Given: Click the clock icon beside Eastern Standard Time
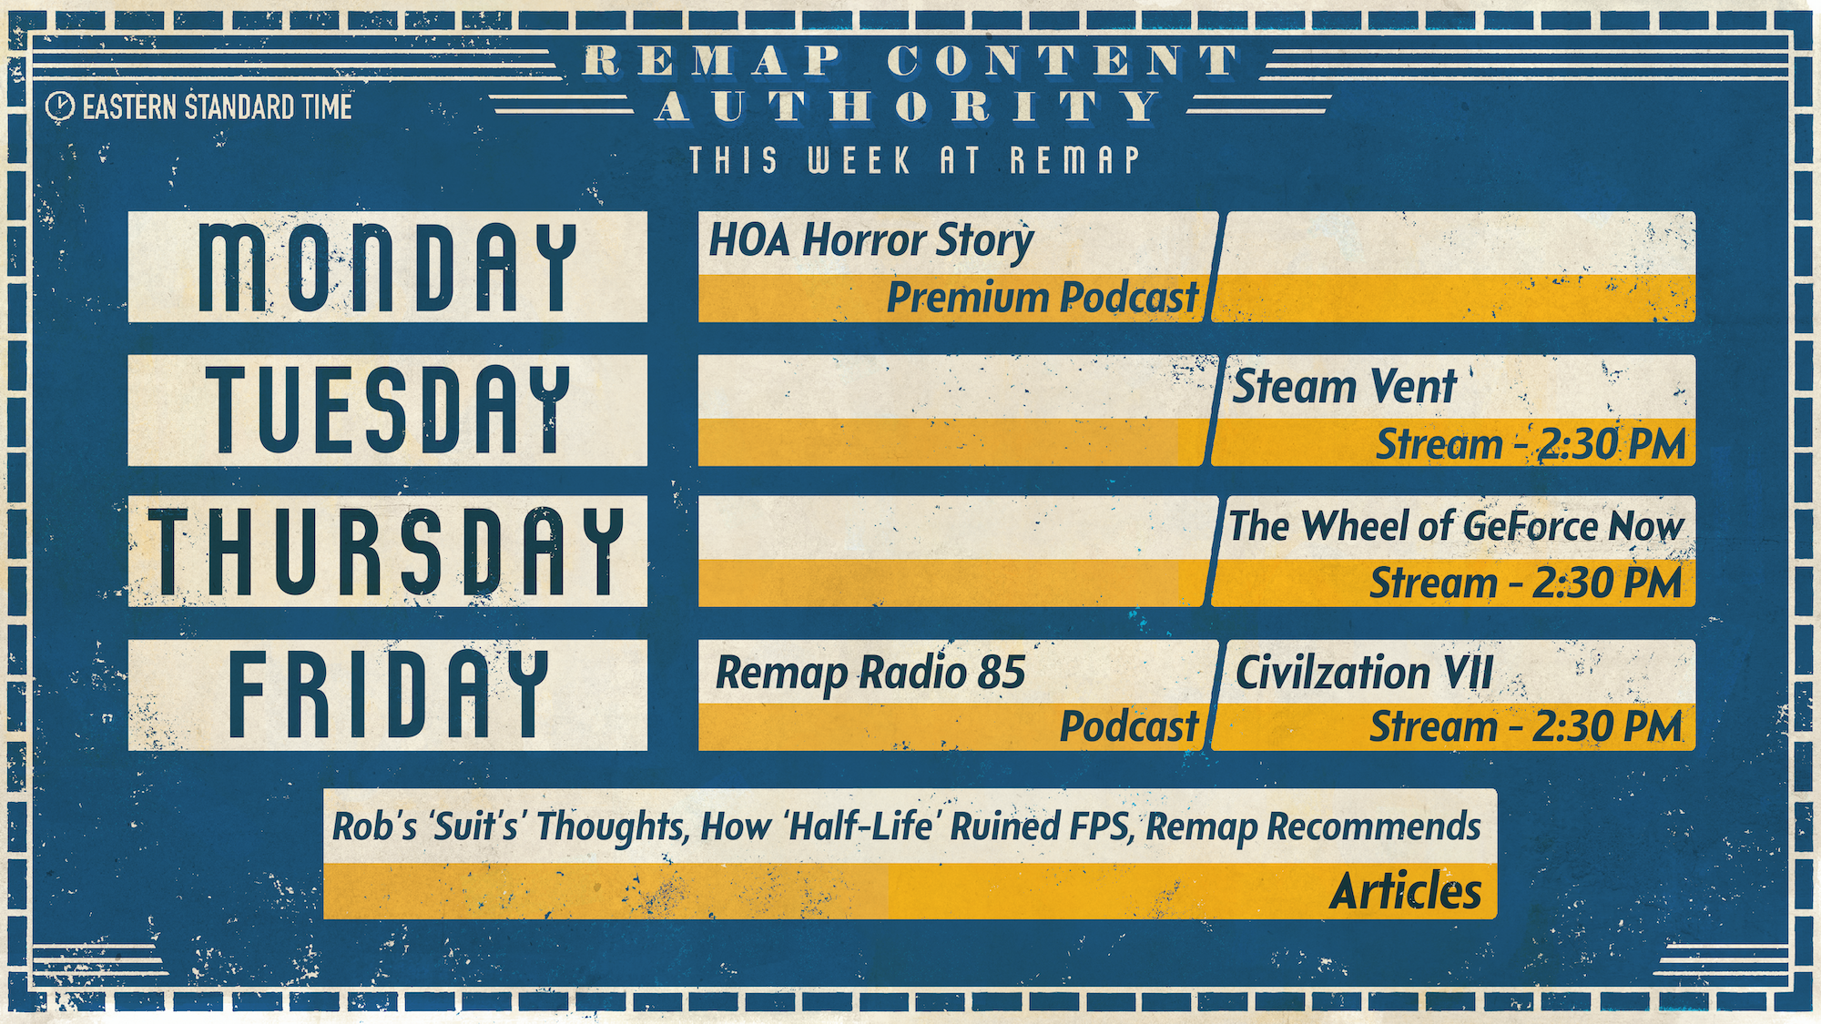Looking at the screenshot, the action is point(60,106).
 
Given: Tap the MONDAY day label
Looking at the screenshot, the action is point(388,268).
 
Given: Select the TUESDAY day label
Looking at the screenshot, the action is point(388,410).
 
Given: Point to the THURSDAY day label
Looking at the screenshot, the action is point(388,552).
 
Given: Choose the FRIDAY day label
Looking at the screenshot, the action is point(388,694).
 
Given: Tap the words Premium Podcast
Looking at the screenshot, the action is point(1043,298).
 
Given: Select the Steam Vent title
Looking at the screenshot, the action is point(1345,386).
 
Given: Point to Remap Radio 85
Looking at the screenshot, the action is point(870,674).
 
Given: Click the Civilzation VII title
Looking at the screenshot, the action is point(1364,674).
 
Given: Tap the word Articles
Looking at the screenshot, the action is point(1406,891).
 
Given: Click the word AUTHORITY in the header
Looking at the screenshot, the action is point(908,107).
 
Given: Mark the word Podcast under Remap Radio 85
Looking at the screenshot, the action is point(1130,726).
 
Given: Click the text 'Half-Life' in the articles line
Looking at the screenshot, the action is point(860,826).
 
